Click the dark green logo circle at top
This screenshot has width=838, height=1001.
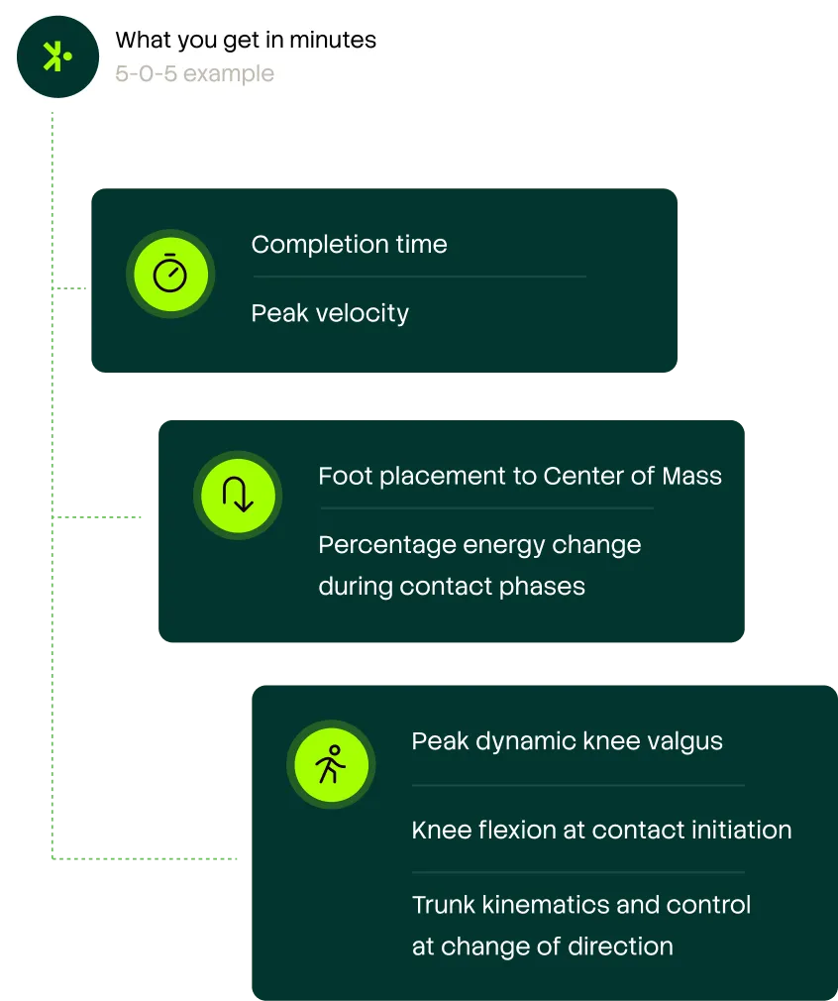click(57, 56)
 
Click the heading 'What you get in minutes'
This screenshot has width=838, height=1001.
click(246, 41)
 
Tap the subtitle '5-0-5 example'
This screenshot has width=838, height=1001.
click(194, 73)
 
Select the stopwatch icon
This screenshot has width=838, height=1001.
click(170, 274)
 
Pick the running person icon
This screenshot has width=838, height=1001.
click(331, 765)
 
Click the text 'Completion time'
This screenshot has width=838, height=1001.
click(349, 245)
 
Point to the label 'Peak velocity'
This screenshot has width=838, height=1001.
click(330, 313)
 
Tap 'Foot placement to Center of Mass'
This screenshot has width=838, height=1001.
click(519, 476)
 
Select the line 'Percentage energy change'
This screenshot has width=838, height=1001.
click(479, 545)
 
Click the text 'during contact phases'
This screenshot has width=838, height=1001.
click(452, 586)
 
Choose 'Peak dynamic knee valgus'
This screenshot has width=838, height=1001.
click(567, 741)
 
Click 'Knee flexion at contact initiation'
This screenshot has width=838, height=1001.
click(601, 830)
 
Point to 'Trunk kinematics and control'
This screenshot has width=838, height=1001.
click(581, 905)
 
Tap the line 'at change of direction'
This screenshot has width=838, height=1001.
click(542, 946)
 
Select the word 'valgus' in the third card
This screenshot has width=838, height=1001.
click(685, 741)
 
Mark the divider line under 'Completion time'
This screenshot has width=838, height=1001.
click(419, 277)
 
